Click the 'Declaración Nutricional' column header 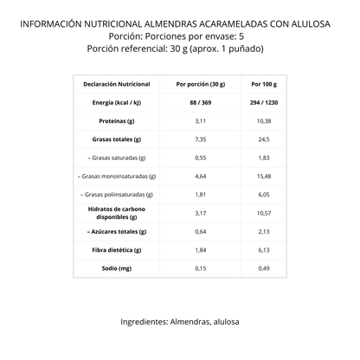tap(116, 85)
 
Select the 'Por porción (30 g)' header tap(200, 85)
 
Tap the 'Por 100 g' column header tap(264, 85)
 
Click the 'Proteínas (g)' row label tap(116, 121)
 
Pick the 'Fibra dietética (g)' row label tap(116, 249)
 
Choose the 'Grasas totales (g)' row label tap(116, 139)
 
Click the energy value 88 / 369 tap(200, 103)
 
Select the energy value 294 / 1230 tap(264, 103)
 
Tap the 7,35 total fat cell tap(200, 139)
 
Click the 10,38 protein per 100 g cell tap(264, 121)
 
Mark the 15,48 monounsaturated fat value tap(264, 176)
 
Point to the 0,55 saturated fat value tap(200, 157)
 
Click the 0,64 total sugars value tap(200, 231)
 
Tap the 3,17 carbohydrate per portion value tap(200, 212)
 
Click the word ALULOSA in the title tap(312, 23)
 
